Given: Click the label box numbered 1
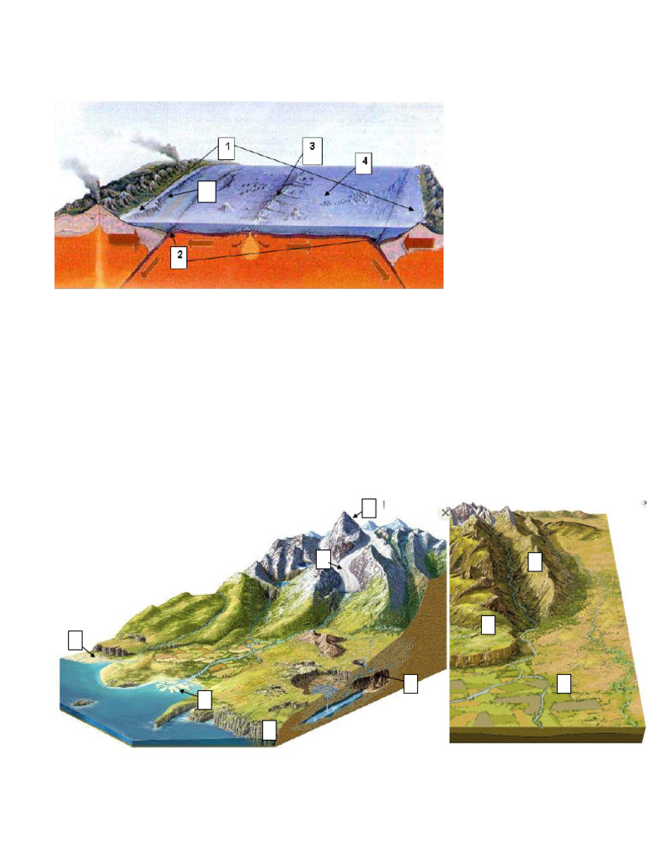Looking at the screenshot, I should click(225, 149).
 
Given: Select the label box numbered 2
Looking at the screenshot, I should click(178, 258).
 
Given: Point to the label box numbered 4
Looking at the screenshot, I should click(363, 164).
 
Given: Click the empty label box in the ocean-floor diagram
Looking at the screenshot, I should click(208, 192).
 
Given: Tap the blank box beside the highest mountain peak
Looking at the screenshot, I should click(368, 507).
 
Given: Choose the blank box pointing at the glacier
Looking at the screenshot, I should click(323, 558).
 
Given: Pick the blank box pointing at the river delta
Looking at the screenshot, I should click(205, 699).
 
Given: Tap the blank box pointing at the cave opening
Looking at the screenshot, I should click(410, 683).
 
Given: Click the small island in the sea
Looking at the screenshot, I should click(82, 701).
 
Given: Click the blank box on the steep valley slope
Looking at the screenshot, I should click(534, 561).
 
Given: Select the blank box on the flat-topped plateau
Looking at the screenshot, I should click(488, 624).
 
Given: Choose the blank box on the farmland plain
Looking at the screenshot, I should click(564, 683).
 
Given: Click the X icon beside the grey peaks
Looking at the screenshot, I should click(445, 512).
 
